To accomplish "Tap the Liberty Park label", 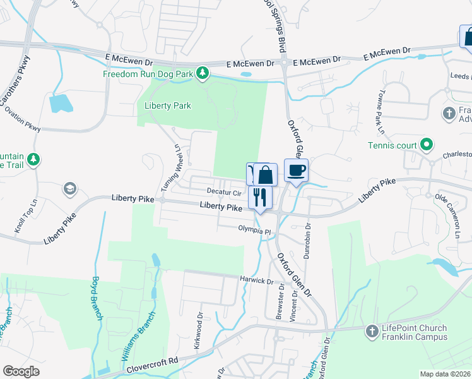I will pyautogui.click(x=168, y=105).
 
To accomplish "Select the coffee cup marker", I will pyautogui.click(x=295, y=170).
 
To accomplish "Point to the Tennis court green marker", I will pyautogui.click(x=426, y=145).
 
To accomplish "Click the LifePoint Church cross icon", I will pyautogui.click(x=372, y=330).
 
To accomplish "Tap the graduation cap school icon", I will pyautogui.click(x=69, y=189).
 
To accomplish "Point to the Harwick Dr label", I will pyautogui.click(x=256, y=279).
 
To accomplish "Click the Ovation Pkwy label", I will pyautogui.click(x=22, y=118).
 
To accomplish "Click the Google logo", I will pyautogui.click(x=21, y=371).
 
